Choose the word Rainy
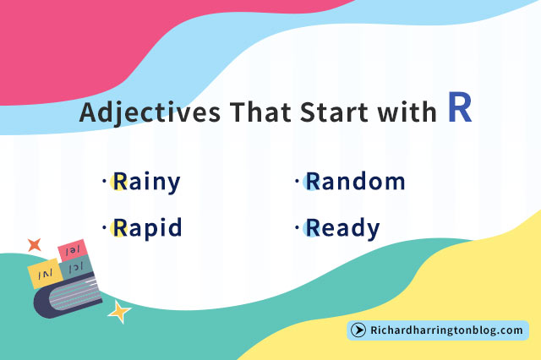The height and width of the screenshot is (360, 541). [147, 182]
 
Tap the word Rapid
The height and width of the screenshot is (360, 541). [147, 228]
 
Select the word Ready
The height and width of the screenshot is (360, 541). [342, 228]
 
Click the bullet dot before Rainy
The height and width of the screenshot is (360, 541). [104, 181]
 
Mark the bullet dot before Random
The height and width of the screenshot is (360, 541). [297, 181]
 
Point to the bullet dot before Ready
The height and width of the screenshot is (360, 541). [297, 227]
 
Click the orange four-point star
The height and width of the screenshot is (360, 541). [35, 245]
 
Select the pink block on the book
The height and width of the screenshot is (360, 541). [72, 250]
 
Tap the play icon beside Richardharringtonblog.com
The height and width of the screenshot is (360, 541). [358, 330]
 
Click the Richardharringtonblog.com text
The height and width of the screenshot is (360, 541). [446, 330]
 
